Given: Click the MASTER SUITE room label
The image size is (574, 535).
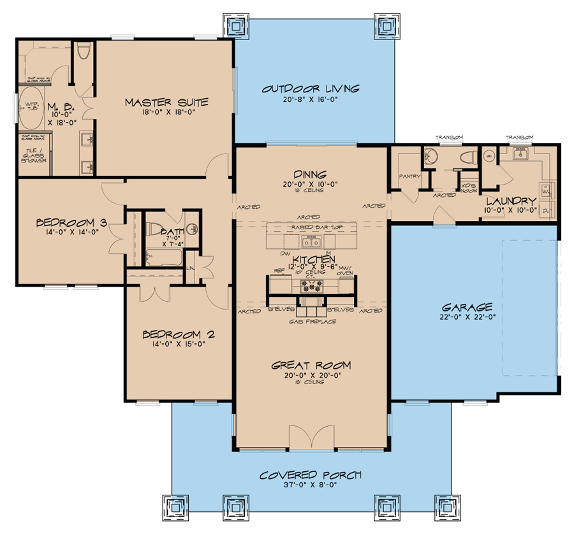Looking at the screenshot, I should point(166,102).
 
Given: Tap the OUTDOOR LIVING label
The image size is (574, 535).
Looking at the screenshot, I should point(311,89).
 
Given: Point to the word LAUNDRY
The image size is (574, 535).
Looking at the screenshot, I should point(511,200).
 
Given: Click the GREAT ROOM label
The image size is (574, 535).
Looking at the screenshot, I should point(311,365).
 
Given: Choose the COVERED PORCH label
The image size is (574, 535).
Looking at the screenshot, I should point(311,475).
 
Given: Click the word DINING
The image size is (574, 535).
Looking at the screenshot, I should point(311,174).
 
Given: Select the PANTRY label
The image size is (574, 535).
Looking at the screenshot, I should point(408,176).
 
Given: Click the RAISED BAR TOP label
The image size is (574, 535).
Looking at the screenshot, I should point(311,227).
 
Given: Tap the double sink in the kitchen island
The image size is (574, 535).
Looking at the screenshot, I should point(312,241).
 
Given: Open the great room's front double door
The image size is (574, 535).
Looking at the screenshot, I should point(311,438).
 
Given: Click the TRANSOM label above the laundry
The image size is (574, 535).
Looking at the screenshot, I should point(520,137).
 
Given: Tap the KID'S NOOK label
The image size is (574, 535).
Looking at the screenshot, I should point(469,186).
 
